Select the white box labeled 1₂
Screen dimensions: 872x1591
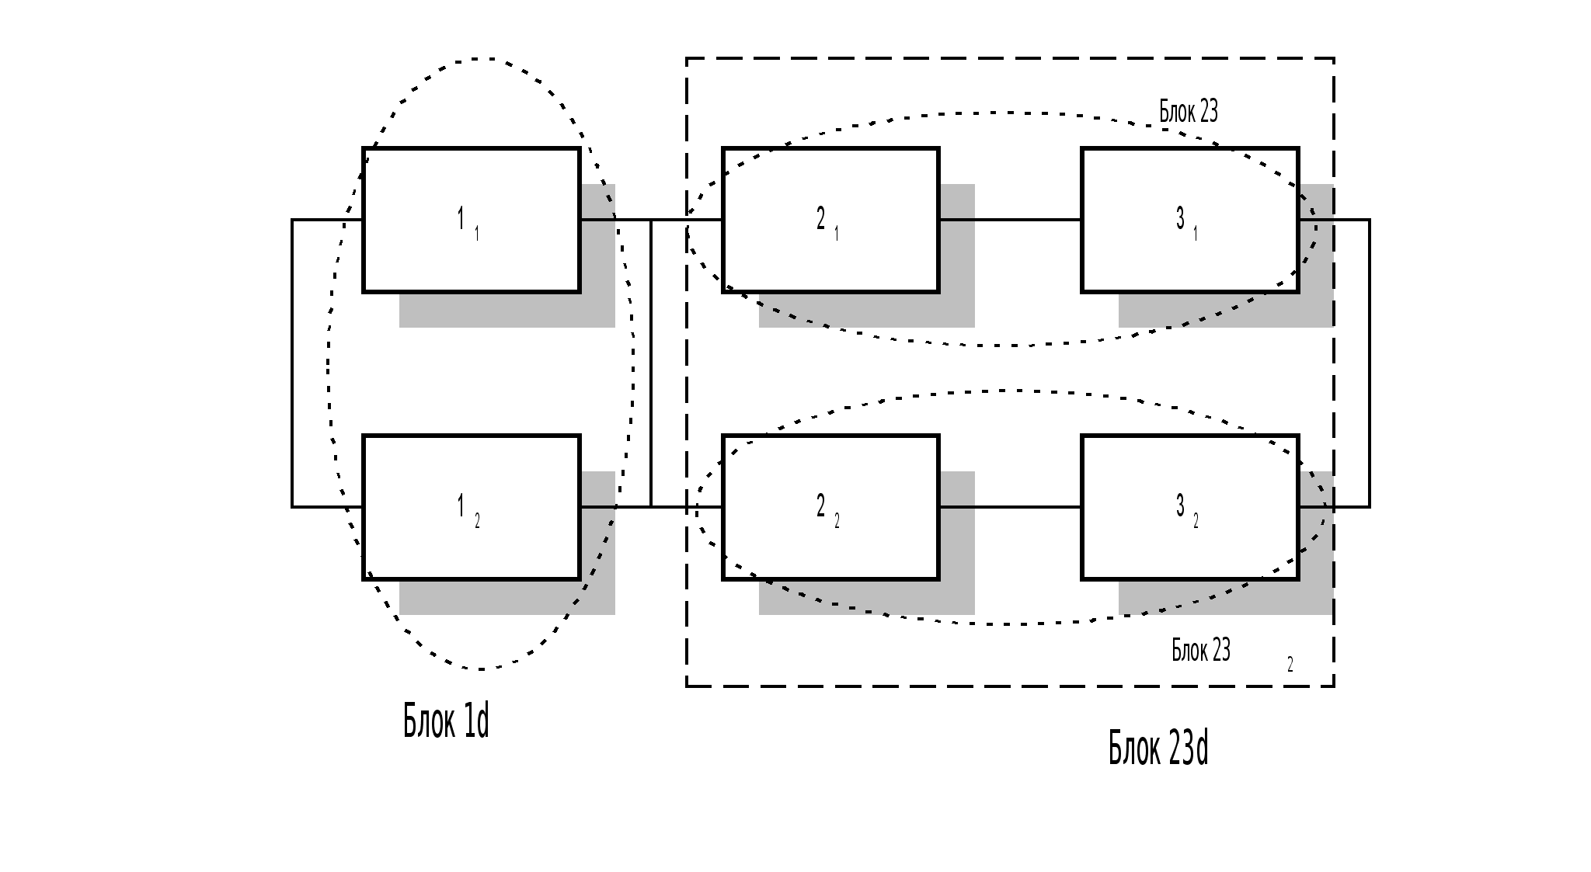pos(472,544)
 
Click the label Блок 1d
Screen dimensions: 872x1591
pos(446,721)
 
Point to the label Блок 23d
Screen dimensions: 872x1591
pos(1158,749)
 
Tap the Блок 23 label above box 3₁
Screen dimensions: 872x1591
pos(1189,112)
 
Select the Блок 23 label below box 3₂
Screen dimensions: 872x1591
pos(1201,650)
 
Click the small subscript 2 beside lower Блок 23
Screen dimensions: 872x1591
pos(1290,665)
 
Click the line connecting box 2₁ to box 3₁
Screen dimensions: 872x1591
pos(1010,220)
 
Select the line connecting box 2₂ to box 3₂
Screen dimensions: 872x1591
pos(1010,507)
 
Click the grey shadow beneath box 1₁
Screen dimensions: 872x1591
pos(505,311)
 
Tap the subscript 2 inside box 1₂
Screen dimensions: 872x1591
pos(477,521)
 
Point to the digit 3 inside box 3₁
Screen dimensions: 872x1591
pos(1180,218)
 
